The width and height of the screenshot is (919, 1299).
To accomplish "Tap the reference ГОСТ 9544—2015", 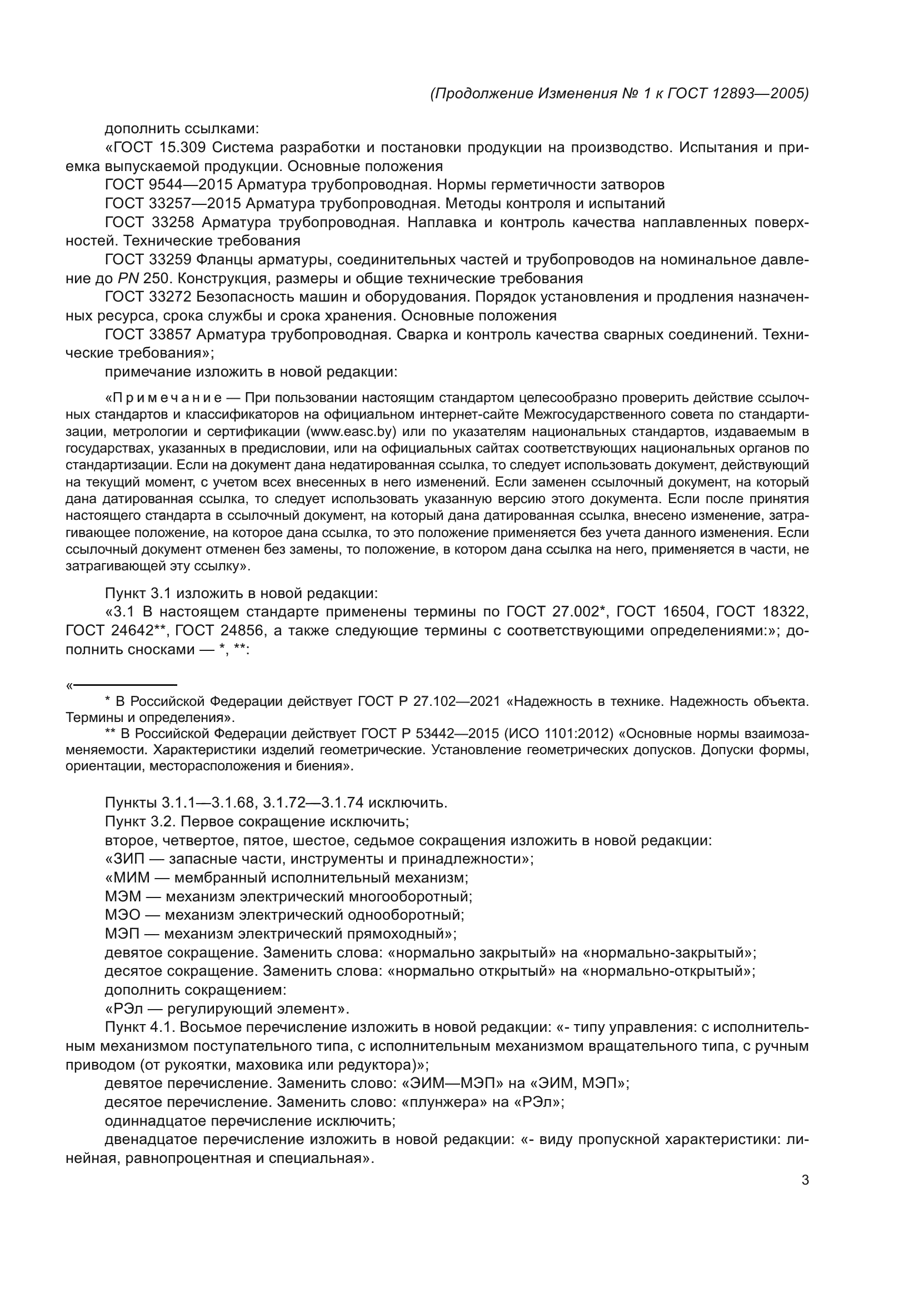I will (x=169, y=185).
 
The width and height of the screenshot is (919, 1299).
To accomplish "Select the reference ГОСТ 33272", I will (x=148, y=297).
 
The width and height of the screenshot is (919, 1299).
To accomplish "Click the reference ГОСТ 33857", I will (x=148, y=334).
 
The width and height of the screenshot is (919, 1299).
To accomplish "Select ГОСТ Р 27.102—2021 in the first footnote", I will (x=429, y=701).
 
